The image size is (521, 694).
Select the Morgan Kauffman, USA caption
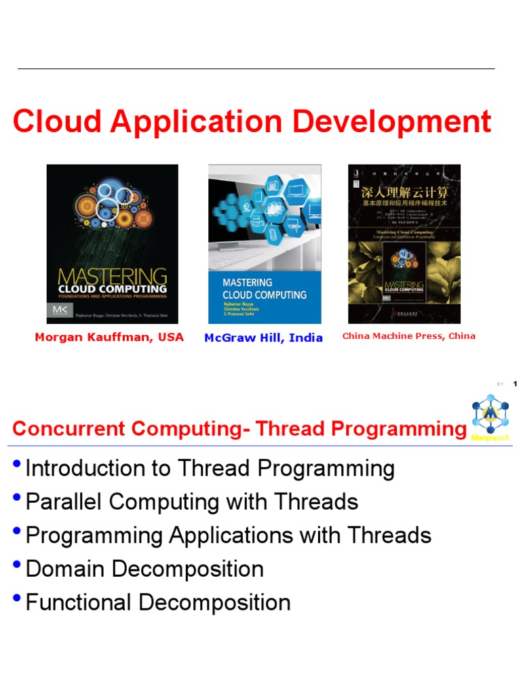[109, 337]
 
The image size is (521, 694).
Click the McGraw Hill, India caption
[263, 338]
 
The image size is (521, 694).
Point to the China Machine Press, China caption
[408, 336]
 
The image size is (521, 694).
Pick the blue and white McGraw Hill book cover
[265, 244]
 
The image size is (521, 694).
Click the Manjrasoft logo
[490, 417]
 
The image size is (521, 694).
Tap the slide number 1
[516, 384]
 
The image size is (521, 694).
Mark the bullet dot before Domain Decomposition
[17, 566]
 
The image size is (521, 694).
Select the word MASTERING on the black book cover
[112, 277]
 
